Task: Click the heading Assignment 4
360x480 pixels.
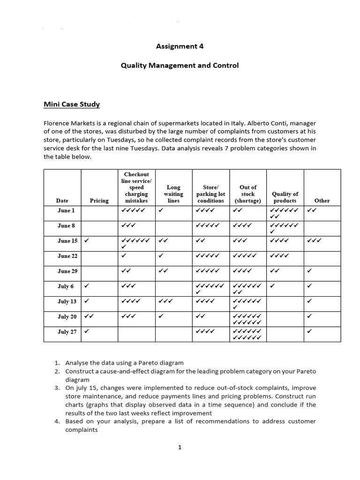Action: coord(180,46)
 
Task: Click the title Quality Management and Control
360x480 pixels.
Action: coord(180,66)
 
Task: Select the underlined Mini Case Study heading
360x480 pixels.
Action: coord(72,104)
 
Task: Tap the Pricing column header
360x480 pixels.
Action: coord(99,201)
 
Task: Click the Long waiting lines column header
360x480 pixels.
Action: coord(173,194)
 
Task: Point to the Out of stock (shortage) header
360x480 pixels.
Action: coord(247,194)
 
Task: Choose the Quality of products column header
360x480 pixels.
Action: coord(285,197)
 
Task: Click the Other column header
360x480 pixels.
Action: coord(322,201)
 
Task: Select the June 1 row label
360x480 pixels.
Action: coord(66,210)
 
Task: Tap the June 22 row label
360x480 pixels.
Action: coord(67,256)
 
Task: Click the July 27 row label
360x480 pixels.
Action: coord(67,332)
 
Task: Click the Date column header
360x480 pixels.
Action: coord(62,201)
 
